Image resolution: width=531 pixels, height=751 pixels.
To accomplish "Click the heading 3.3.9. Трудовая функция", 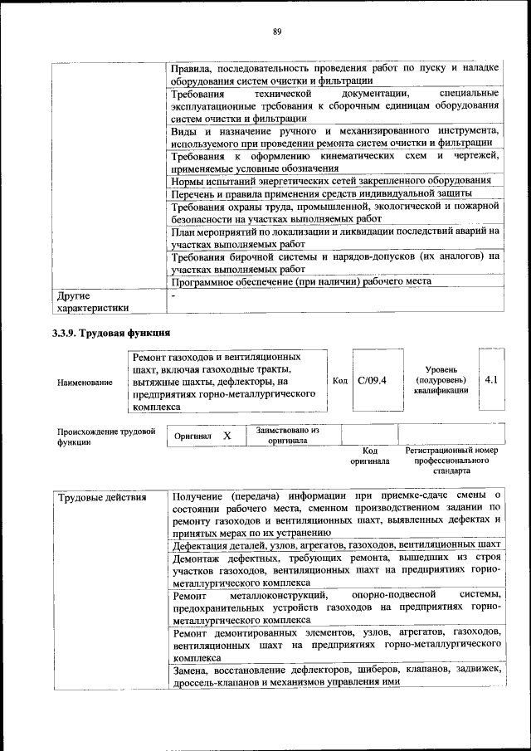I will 111,333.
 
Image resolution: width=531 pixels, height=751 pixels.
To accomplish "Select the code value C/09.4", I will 373,381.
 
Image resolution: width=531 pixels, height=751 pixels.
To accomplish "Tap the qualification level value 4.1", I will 490,380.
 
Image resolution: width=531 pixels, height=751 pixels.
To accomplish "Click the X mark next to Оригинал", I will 227,436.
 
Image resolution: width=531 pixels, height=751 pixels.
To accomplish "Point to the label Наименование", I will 85,382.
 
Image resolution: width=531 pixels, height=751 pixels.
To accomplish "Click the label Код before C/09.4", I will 339,381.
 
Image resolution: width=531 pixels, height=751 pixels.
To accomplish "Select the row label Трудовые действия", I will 90,498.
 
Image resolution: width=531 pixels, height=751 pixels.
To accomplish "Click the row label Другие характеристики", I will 91,301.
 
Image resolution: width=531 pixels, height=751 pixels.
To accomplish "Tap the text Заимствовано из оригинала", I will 288,436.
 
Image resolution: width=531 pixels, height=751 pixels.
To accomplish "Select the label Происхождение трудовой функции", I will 106,436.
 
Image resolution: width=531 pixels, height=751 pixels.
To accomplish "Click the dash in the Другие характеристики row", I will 174,295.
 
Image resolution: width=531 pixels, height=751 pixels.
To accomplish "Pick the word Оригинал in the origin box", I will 192,436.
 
